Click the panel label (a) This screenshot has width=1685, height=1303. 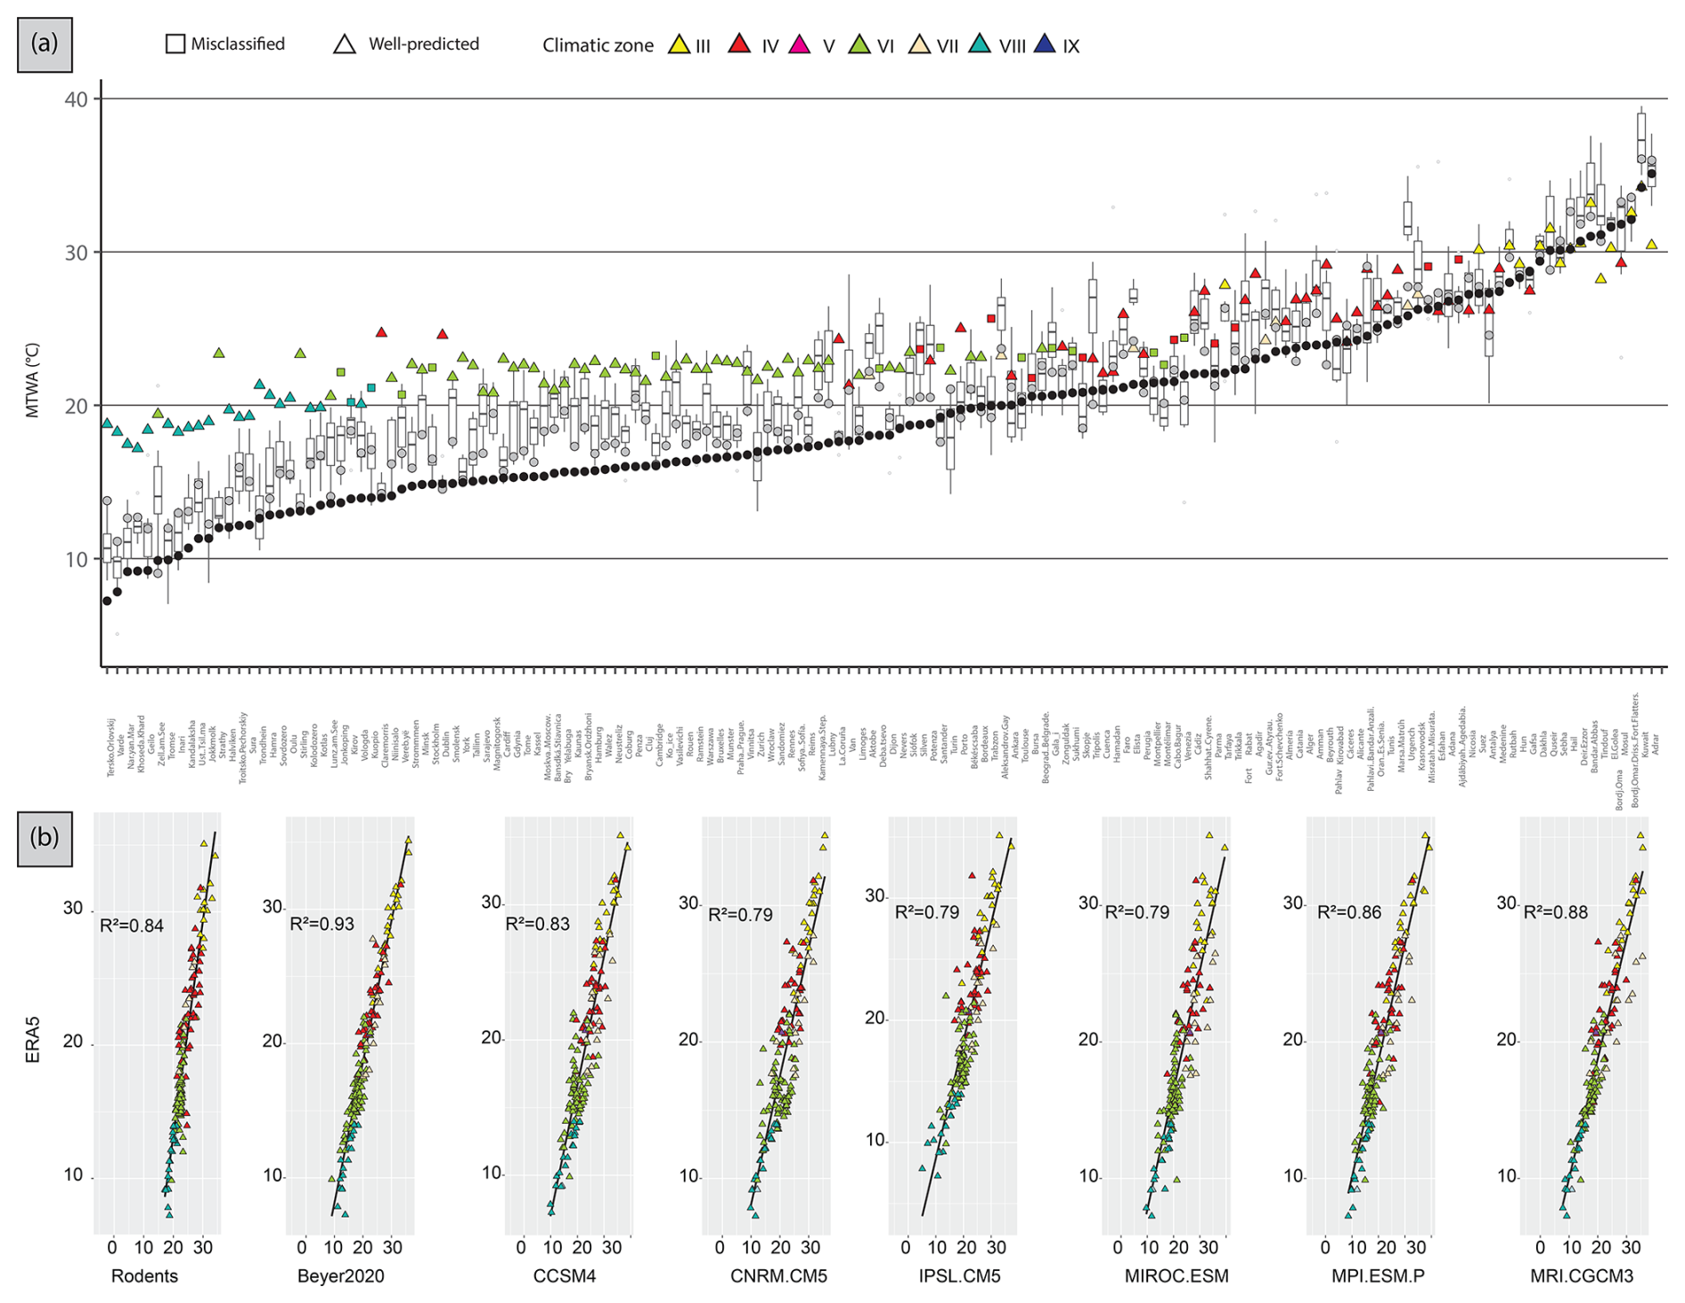pyautogui.click(x=45, y=44)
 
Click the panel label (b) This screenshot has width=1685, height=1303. pyautogui.click(x=45, y=837)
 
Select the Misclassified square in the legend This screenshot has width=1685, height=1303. pyautogui.click(x=175, y=44)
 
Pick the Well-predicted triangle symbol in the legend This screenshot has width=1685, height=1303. pyautogui.click(x=345, y=44)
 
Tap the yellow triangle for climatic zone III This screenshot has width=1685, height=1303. pyautogui.click(x=680, y=45)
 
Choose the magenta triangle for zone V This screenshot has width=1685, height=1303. pyautogui.click(x=800, y=45)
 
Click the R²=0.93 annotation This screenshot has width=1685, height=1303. pyautogui.click(x=322, y=924)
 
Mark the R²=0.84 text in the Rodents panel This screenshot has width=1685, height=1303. pyautogui.click(x=132, y=925)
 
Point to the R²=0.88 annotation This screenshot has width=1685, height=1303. pyautogui.click(x=1556, y=912)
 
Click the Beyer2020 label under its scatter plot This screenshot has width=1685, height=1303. pyautogui.click(x=340, y=1276)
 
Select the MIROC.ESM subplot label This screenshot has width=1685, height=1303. pyautogui.click(x=1176, y=1276)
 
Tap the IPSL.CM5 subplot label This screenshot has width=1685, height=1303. pyautogui.click(x=959, y=1276)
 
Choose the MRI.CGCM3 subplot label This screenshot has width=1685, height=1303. pyautogui.click(x=1582, y=1276)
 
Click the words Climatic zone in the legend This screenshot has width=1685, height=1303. pyautogui.click(x=598, y=45)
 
